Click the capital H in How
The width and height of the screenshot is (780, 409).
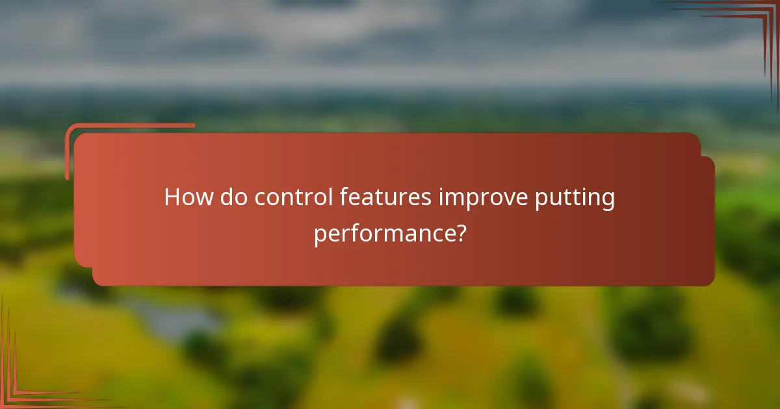click(172, 197)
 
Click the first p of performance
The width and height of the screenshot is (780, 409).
click(320, 235)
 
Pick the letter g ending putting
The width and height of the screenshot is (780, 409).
click(608, 200)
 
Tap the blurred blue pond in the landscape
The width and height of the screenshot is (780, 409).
click(175, 315)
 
